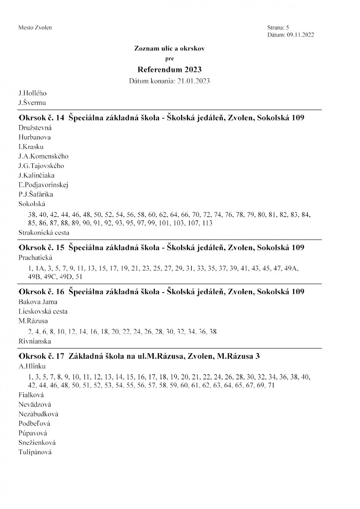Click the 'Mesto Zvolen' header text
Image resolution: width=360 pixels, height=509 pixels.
pos(35,28)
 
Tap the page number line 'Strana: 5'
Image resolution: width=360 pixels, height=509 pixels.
pos(278,28)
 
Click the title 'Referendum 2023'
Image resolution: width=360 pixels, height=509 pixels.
pos(169,69)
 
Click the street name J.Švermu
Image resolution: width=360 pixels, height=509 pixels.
pos(32,102)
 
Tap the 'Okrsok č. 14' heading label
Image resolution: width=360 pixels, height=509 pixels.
pos(41,118)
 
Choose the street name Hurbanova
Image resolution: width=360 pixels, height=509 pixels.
pos(34,137)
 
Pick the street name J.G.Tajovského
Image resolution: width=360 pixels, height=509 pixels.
pos(41,166)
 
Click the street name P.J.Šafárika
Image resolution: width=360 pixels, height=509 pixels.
pos(36,194)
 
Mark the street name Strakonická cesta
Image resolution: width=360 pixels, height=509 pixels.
pos(44,232)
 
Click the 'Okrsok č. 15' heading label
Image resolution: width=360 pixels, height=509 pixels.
pos(41,248)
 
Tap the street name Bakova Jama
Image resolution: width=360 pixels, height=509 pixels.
pos(38,302)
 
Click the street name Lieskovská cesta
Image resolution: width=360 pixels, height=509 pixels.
pos(43,312)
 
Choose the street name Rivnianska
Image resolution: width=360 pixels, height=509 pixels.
pos(35,341)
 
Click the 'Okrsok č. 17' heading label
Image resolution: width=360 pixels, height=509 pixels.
pos(41,356)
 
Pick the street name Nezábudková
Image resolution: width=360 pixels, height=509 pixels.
pos(38,414)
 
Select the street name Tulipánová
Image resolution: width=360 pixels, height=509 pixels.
pos(35,452)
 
